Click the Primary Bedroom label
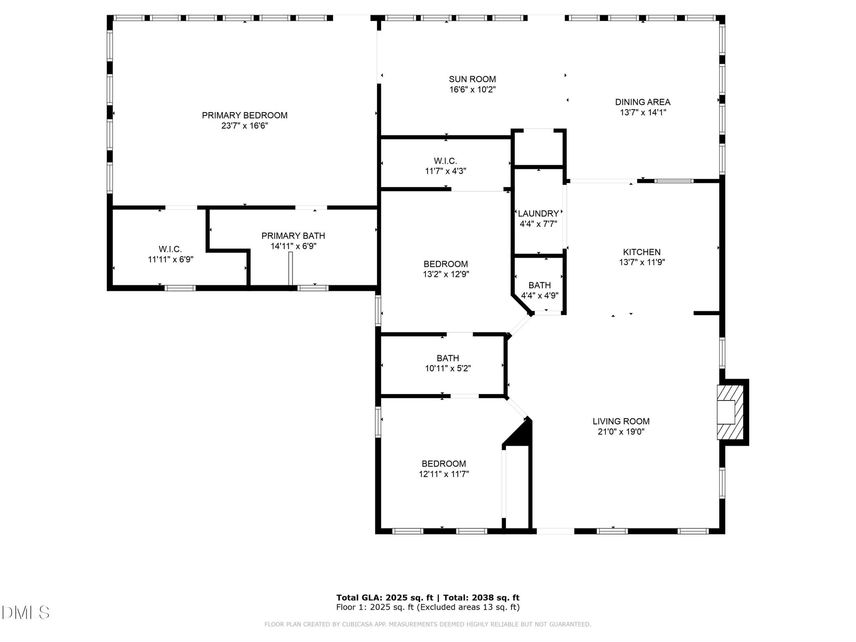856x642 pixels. coord(244,115)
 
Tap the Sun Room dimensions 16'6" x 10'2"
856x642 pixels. coord(472,90)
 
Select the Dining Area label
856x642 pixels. coord(643,102)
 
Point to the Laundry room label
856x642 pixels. coord(538,214)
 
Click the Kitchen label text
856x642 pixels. coord(642,252)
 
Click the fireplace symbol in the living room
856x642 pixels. coord(730,412)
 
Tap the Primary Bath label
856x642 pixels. coord(293,236)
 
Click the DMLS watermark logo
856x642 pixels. coord(25,613)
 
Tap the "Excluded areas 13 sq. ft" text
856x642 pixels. coord(468,607)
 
